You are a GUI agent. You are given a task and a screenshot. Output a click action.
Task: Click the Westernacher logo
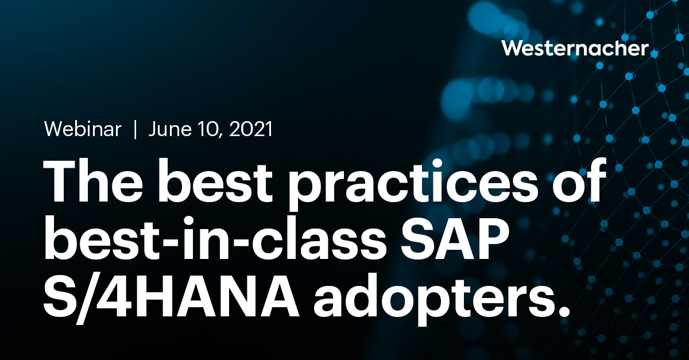click(x=575, y=48)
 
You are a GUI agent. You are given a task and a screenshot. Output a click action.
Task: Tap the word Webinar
click(x=83, y=130)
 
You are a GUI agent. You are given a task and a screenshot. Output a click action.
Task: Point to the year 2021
click(x=250, y=130)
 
